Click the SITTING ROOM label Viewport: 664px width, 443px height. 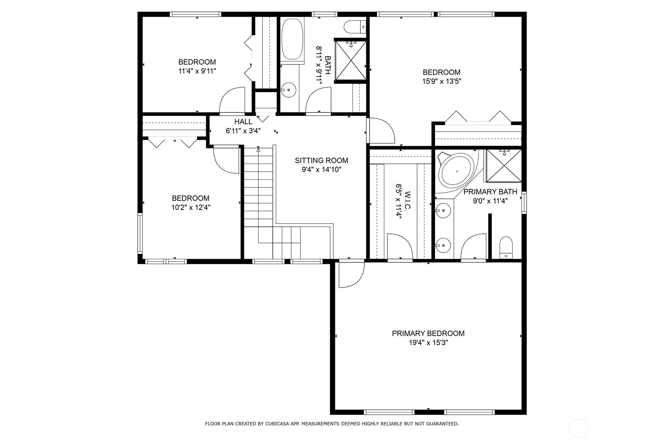[321, 161]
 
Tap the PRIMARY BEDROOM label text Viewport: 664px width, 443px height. [428, 333]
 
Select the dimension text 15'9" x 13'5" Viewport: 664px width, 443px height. [441, 81]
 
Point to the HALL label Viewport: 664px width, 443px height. [243, 122]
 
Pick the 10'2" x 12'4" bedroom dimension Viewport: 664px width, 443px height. [191, 208]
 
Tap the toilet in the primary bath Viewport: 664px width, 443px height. [506, 247]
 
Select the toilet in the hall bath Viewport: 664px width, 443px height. [355, 27]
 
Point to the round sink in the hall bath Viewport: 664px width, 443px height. [288, 90]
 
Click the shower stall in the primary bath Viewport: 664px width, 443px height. [504, 166]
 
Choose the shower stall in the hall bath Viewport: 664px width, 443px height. [351, 61]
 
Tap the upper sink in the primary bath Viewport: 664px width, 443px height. [443, 211]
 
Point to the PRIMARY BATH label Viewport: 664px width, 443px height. [490, 192]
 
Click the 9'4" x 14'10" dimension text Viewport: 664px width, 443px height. [322, 170]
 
